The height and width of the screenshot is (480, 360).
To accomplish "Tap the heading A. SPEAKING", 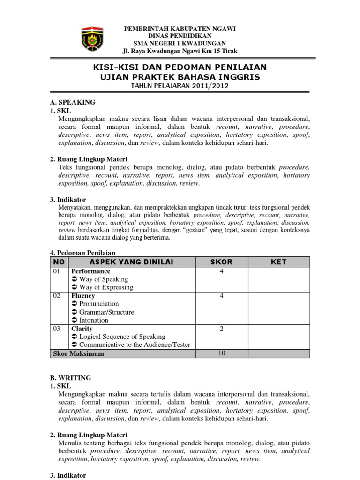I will click(73, 102).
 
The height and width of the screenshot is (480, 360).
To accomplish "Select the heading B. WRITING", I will click(70, 377).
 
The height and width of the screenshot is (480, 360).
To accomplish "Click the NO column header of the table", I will click(59, 262).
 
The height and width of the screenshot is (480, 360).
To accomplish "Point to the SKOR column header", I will click(221, 262).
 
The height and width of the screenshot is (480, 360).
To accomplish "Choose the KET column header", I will click(278, 262).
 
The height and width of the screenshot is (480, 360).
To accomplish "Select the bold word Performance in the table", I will click(90, 271).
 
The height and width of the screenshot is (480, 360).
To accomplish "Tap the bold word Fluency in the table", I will click(83, 296).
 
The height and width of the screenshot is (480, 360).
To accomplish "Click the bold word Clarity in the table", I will click(82, 329).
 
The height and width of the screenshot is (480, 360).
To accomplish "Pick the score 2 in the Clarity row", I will click(221, 329).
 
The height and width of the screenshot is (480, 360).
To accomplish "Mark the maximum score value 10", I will click(221, 353).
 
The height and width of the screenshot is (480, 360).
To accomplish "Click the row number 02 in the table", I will click(57, 296).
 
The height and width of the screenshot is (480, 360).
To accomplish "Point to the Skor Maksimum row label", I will click(78, 353).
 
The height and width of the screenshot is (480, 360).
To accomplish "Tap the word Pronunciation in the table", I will click(99, 304).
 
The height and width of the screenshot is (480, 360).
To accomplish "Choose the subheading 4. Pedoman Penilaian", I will click(82, 252).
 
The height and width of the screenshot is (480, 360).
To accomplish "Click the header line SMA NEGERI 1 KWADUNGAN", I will click(180, 44).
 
